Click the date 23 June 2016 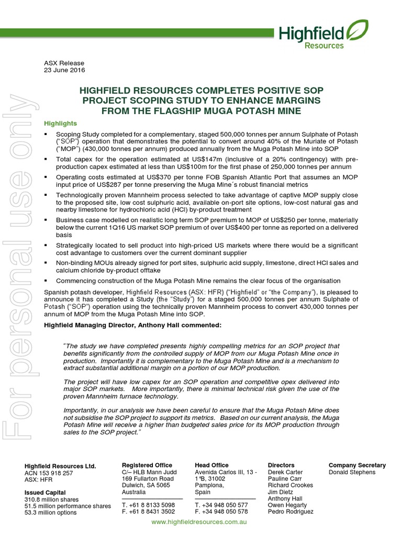point(64,70)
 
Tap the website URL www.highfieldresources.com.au point(199,522)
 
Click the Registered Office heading point(147,465)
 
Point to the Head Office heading point(211,465)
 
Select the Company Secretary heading point(357,465)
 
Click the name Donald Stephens point(352,472)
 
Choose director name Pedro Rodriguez point(291,512)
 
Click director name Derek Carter point(285,472)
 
